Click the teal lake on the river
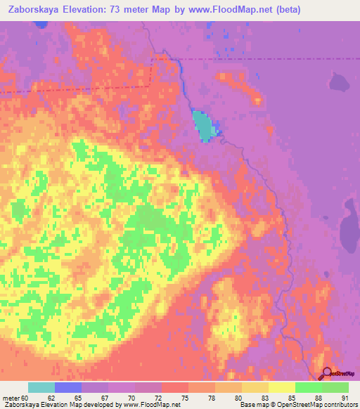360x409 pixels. pyautogui.click(x=204, y=126)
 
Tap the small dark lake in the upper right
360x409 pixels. pyautogui.click(x=340, y=84)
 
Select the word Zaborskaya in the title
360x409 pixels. pyautogui.click(x=31, y=9)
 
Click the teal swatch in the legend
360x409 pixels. pyautogui.click(x=41, y=387)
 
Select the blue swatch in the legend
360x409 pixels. pyautogui.click(x=68, y=387)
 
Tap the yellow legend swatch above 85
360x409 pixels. pyautogui.click(x=282, y=387)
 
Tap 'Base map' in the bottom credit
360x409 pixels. pyautogui.click(x=252, y=404)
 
